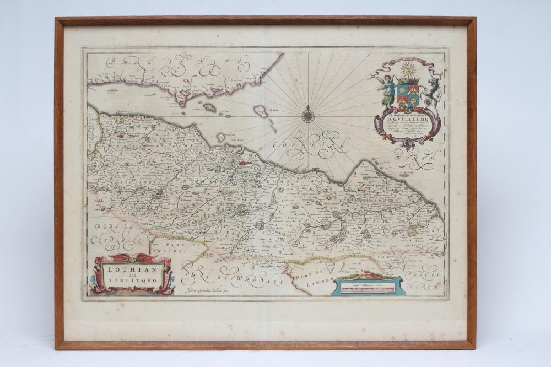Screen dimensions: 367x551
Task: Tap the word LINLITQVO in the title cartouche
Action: [x=132, y=282]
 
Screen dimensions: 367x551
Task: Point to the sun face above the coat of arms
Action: [x=408, y=71]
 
